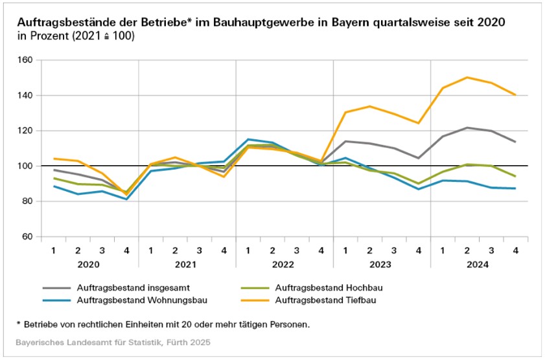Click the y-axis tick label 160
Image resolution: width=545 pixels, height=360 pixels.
point(25,60)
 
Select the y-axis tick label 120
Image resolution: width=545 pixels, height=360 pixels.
point(25,131)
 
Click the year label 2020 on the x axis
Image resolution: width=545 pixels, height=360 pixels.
point(90,265)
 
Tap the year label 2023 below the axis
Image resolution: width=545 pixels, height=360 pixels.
point(381,265)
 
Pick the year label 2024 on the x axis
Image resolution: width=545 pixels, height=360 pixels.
point(478,265)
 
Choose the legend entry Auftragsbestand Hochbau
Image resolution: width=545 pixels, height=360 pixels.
point(327,287)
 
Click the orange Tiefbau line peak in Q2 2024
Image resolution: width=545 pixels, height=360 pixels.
point(467,78)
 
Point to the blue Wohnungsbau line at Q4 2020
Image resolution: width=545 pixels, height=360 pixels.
point(126,199)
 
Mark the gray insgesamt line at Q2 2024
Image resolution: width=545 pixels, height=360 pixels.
point(467,128)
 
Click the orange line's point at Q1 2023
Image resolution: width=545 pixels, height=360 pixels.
point(345,113)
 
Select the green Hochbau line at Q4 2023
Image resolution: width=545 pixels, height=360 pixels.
point(418,183)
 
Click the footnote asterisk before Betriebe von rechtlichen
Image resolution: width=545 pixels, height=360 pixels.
point(19,323)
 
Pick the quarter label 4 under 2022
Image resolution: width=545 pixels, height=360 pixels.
point(321,250)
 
